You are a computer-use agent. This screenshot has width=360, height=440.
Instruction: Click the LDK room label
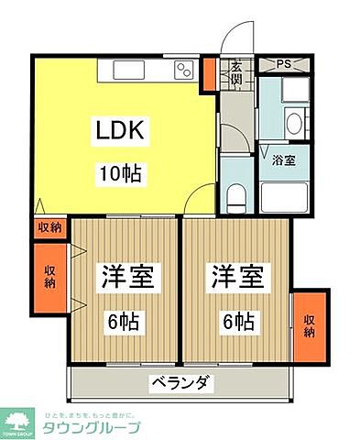coord(116,132)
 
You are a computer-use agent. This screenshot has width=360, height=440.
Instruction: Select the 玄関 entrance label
coord(236,71)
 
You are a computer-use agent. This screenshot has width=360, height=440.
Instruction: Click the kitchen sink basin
coord(127,71)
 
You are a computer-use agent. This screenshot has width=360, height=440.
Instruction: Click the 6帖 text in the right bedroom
coord(236,322)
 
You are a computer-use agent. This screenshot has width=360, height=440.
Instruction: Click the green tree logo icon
coord(20,423)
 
